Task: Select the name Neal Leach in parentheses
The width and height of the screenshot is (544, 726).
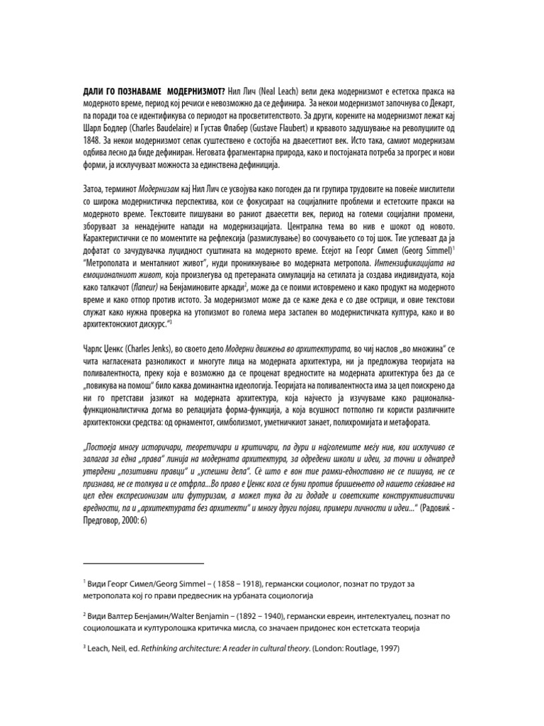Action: point(276,91)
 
